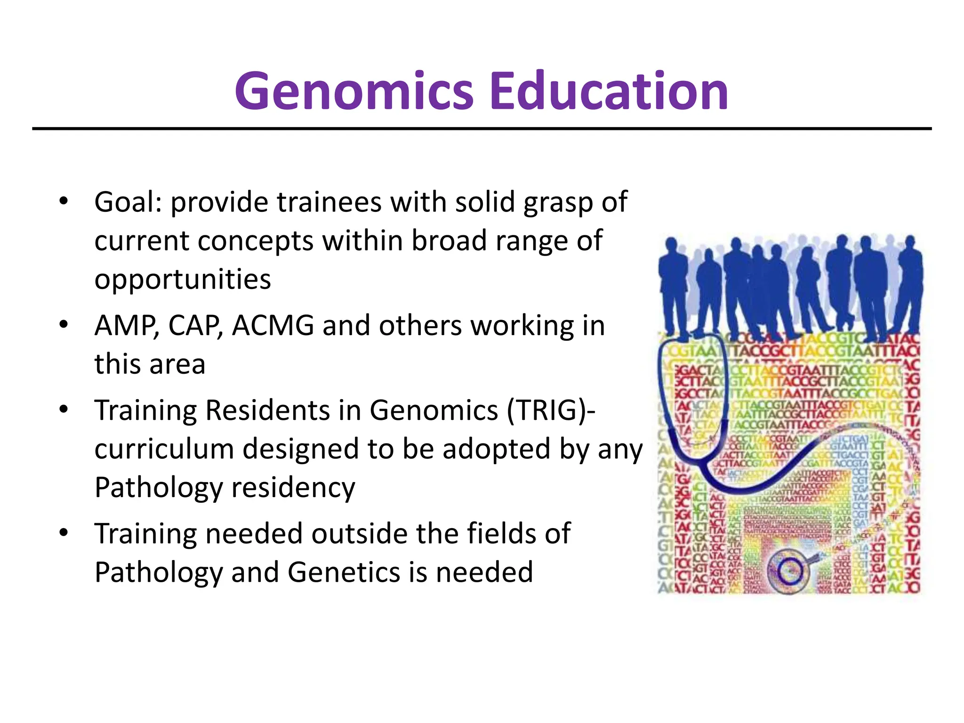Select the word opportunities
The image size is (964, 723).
click(183, 280)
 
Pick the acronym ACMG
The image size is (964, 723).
click(273, 326)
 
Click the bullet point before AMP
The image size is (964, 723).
click(64, 325)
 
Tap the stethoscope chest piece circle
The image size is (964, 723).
click(789, 571)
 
